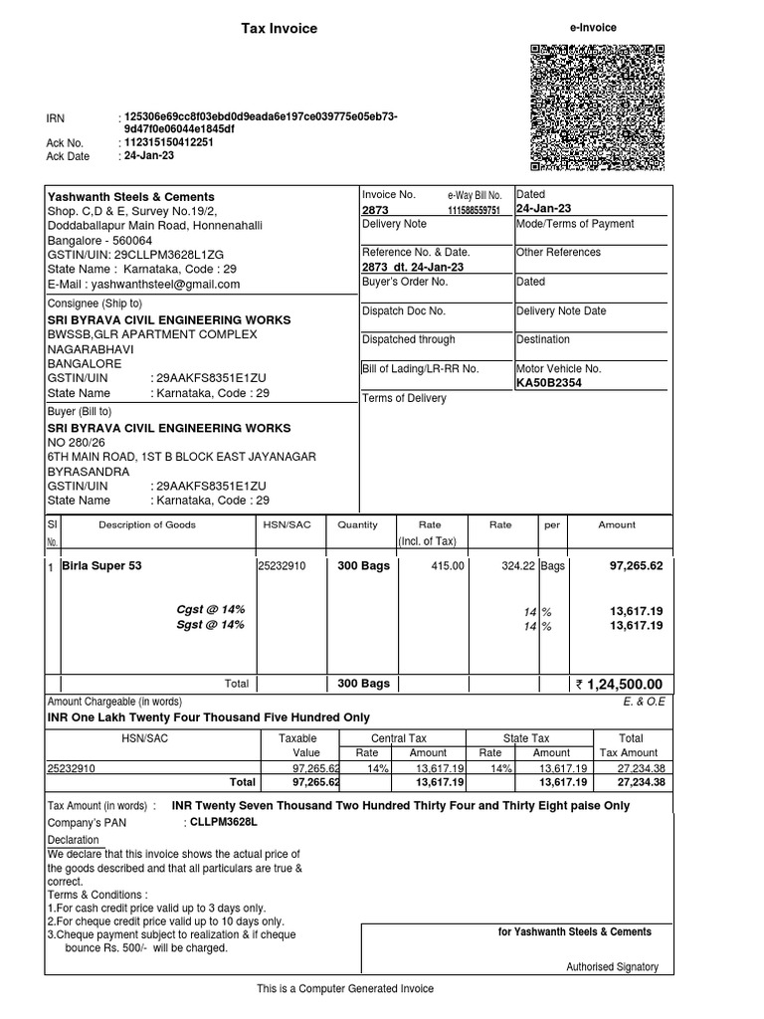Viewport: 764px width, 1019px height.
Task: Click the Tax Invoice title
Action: pyautogui.click(x=280, y=29)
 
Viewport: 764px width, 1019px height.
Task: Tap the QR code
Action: pyautogui.click(x=597, y=107)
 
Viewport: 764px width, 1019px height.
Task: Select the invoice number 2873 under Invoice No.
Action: pyautogui.click(x=374, y=210)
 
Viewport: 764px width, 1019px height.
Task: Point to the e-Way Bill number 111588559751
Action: pyautogui.click(x=474, y=211)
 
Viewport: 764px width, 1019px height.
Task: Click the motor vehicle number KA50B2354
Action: pyautogui.click(x=549, y=382)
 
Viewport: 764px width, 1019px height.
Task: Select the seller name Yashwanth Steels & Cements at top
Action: pyautogui.click(x=131, y=197)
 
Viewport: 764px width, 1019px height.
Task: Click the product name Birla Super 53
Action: pyautogui.click(x=102, y=565)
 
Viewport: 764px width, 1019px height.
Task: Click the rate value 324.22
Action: pyautogui.click(x=517, y=565)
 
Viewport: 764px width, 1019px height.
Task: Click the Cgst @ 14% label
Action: pyautogui.click(x=211, y=608)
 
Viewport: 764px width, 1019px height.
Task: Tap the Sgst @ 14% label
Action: pyautogui.click(x=211, y=625)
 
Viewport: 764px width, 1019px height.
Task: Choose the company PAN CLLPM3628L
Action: pyautogui.click(x=223, y=823)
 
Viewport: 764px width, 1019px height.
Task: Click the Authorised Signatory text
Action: pyautogui.click(x=612, y=966)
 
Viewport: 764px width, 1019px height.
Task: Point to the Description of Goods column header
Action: pyautogui.click(x=147, y=524)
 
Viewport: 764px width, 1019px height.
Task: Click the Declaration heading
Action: pyautogui.click(x=74, y=840)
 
